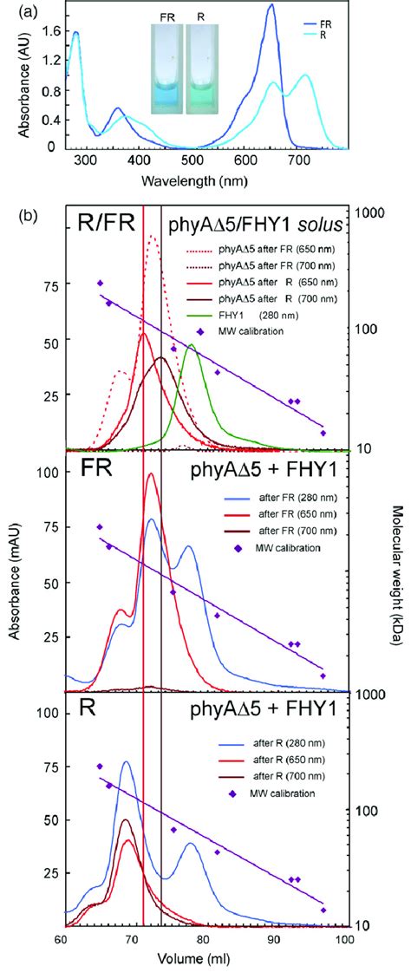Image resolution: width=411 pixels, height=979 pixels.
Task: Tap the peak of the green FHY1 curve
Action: pyautogui.click(x=191, y=345)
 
